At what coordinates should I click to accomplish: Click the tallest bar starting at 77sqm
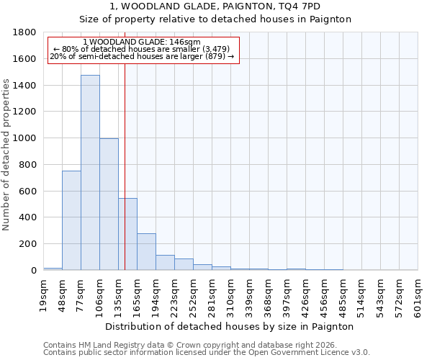(90, 173)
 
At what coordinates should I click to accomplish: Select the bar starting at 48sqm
(71, 220)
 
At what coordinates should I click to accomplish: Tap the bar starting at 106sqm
(109, 204)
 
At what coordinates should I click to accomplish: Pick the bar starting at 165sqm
(146, 252)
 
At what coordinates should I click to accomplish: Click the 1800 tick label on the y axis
(25, 32)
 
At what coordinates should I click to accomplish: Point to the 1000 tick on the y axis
(25, 138)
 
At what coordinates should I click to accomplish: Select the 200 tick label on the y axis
(28, 244)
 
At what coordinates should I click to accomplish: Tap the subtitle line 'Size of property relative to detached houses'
(215, 19)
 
